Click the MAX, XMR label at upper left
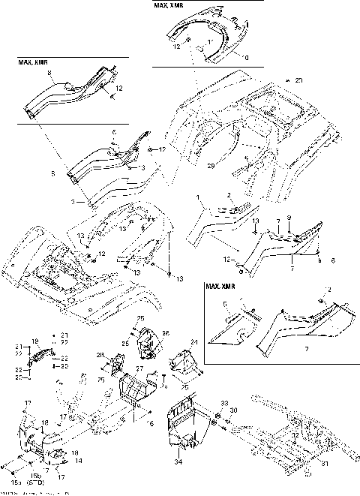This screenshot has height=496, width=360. click(33, 62)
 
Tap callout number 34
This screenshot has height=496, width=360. click(178, 452)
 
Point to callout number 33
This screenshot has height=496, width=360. click(215, 404)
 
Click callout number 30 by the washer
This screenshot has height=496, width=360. click(233, 411)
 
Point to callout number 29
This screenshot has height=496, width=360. click(211, 164)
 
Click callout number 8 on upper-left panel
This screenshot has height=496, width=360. click(49, 73)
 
